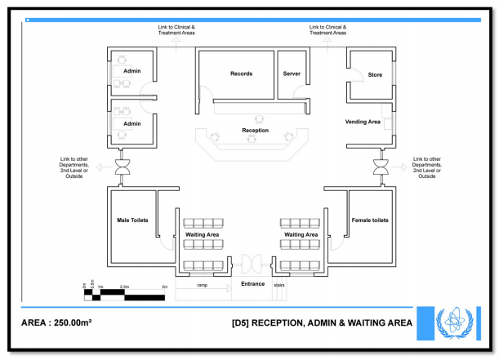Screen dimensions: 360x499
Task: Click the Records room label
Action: click(x=241, y=73)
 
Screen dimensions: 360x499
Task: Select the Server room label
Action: click(x=292, y=73)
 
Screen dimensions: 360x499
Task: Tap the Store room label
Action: click(x=375, y=75)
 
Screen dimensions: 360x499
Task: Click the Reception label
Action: click(x=255, y=131)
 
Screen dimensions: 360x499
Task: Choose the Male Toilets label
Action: click(x=132, y=220)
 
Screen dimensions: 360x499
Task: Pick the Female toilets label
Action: click(x=369, y=220)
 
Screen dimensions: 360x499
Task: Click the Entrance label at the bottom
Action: click(x=252, y=284)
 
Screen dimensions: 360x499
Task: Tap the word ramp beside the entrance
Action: click(x=202, y=286)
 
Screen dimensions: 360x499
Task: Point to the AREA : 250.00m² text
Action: click(x=56, y=322)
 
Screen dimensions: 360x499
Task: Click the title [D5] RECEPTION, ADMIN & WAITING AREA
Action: click(x=323, y=322)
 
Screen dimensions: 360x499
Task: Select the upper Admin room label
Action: click(x=132, y=71)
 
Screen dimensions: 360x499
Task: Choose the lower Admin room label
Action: click(x=132, y=124)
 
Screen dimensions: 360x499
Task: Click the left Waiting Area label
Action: click(x=202, y=234)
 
